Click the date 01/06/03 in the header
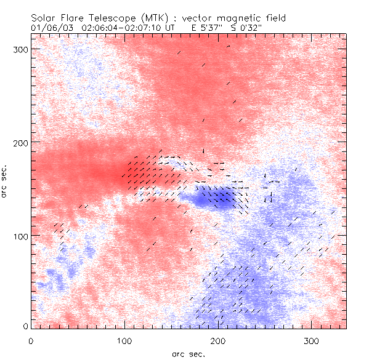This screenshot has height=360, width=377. click(50, 28)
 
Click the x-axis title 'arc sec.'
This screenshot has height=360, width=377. click(188, 354)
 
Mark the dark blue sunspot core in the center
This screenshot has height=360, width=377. click(209, 198)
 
